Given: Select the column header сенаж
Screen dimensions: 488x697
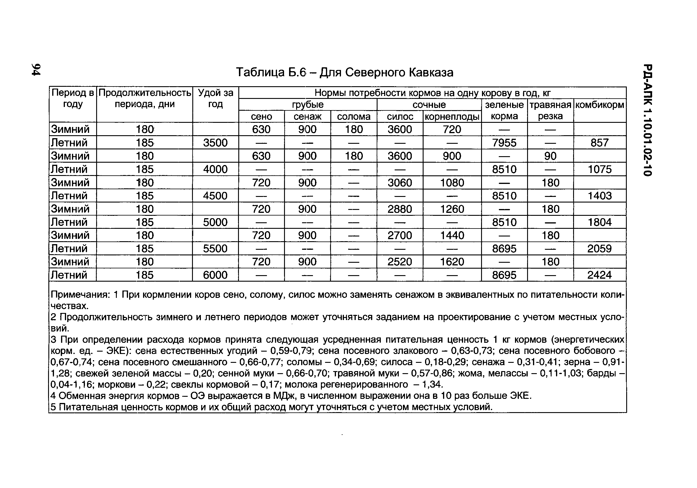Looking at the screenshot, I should (x=307, y=117).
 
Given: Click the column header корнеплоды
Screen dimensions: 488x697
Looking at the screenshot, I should (x=452, y=117).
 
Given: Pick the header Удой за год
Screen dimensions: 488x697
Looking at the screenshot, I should (x=215, y=98).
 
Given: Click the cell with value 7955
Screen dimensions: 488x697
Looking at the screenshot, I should (x=504, y=143).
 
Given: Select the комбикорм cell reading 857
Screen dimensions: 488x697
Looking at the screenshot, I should (x=599, y=143).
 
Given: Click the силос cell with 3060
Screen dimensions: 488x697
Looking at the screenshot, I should (x=399, y=183).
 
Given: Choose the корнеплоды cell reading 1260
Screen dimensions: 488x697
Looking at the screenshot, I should (x=452, y=209).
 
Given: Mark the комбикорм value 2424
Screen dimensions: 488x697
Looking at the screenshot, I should (x=599, y=275).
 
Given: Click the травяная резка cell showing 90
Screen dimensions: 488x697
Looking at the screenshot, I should (x=550, y=156).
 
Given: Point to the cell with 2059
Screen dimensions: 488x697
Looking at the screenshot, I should (x=599, y=249).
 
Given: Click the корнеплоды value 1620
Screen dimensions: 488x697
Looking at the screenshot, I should (x=452, y=262).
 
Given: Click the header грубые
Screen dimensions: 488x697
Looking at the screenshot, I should (x=308, y=105).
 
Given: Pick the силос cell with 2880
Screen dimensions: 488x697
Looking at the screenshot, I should (x=399, y=209).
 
